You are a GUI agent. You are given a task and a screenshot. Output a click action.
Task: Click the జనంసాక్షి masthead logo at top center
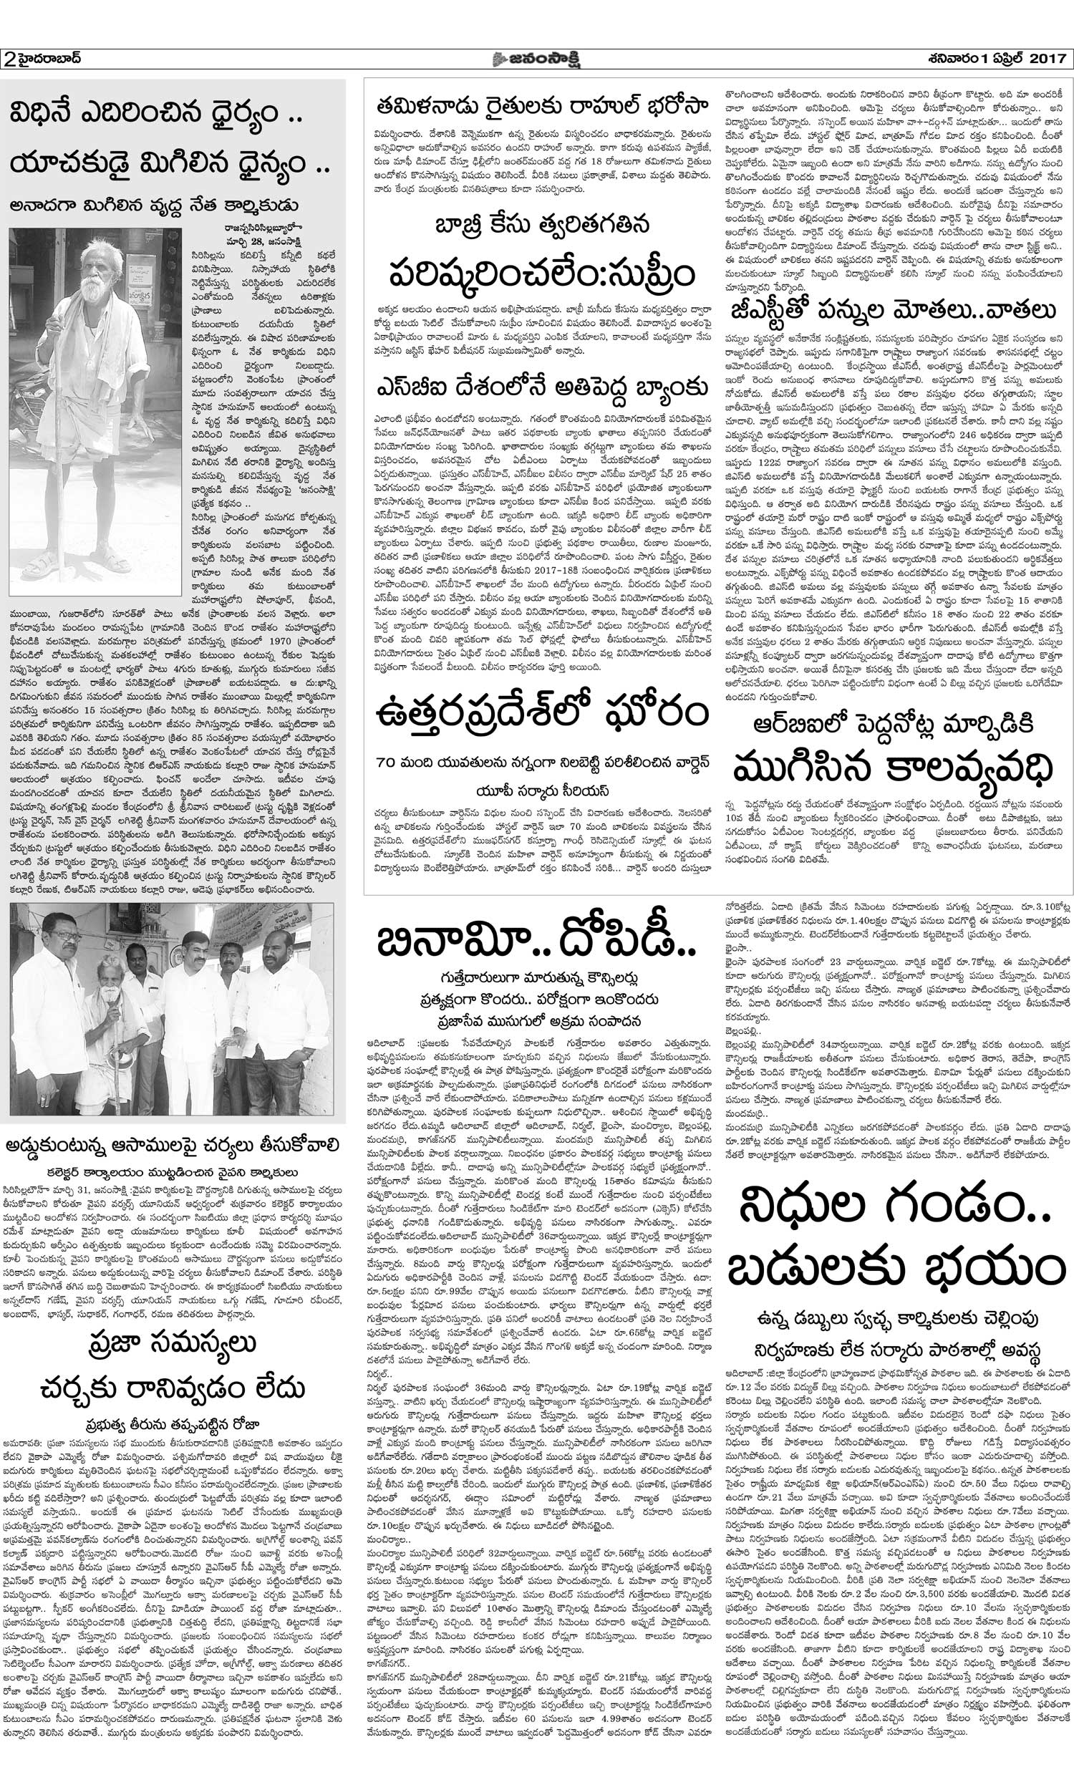[538, 58]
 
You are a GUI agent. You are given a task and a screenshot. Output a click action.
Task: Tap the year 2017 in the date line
[1046, 58]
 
